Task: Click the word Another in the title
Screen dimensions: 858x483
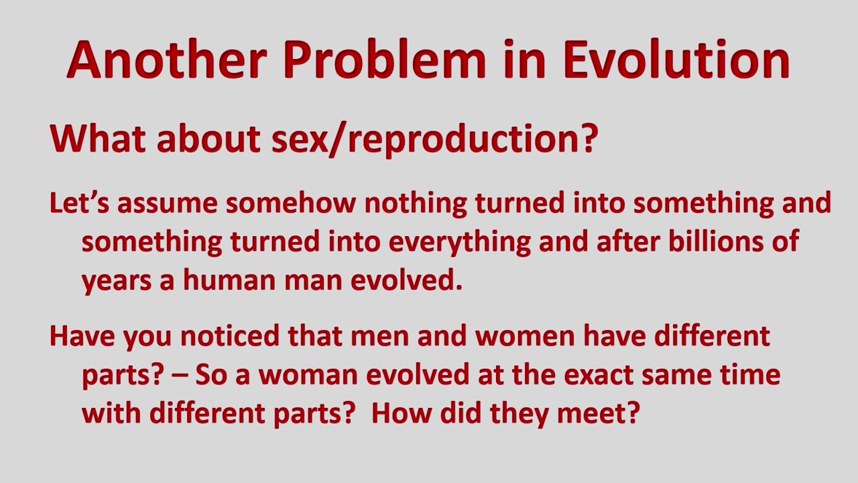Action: click(167, 59)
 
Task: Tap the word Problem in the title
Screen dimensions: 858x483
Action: click(385, 59)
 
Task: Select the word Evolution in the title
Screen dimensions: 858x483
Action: click(677, 59)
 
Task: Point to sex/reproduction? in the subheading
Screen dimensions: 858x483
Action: click(434, 140)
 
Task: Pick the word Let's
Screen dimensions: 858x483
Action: click(79, 203)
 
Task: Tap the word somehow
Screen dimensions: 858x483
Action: click(291, 203)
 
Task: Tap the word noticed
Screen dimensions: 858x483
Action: click(230, 336)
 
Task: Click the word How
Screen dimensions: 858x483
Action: click(402, 413)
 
